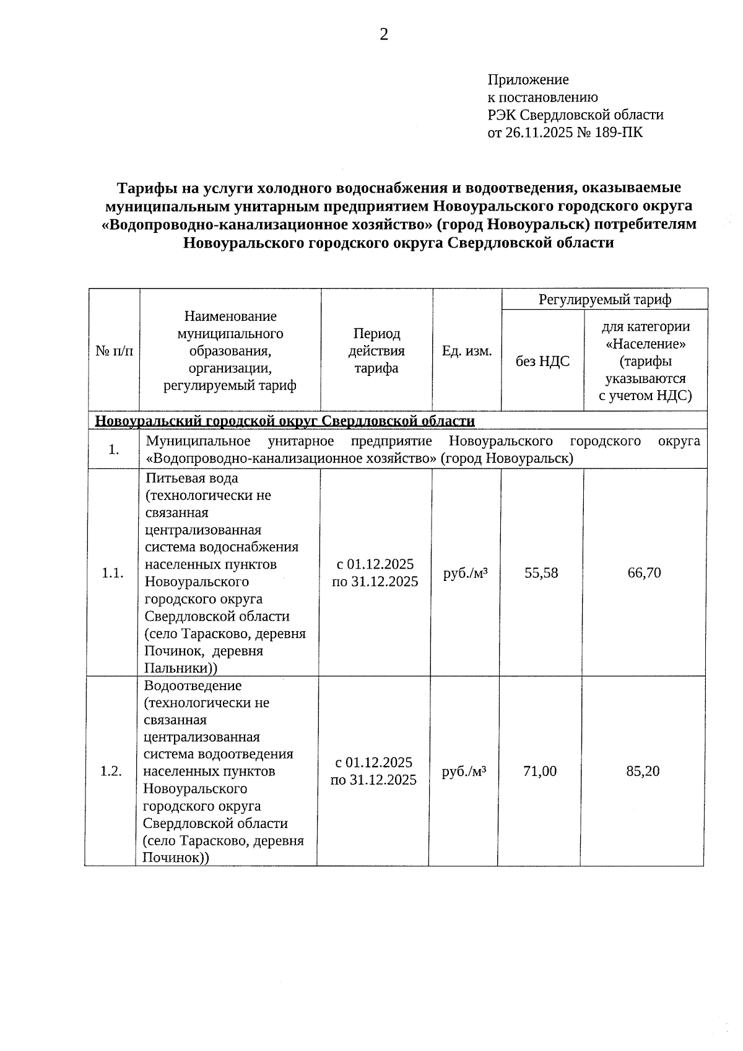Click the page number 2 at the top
click(x=384, y=35)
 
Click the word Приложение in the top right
click(x=528, y=80)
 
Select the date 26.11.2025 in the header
click(x=539, y=132)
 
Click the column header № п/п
click(x=114, y=351)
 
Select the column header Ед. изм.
click(x=467, y=351)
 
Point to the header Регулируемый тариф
click(x=604, y=300)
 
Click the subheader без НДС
click(x=542, y=361)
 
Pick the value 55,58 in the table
click(x=541, y=573)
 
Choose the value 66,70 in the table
click(x=644, y=573)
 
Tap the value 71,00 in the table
click(x=540, y=771)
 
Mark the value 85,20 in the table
click(x=643, y=771)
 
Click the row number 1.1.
click(x=113, y=573)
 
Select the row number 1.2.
click(x=111, y=771)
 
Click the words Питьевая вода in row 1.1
click(x=192, y=478)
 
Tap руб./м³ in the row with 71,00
click(x=464, y=771)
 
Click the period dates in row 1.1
click(x=375, y=573)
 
